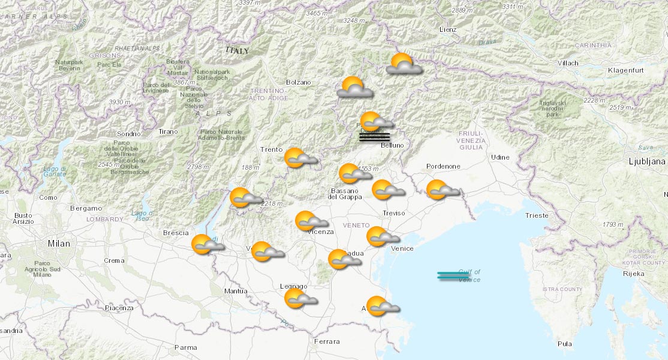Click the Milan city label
coord(59,244)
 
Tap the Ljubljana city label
coord(646,161)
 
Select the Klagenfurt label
coord(625,70)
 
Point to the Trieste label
coord(536,215)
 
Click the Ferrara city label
coord(326,341)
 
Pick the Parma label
coord(185,347)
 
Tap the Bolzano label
coord(299,82)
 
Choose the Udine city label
coord(500,157)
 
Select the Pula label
coord(564,344)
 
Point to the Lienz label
coord(447,29)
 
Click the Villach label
coord(567,63)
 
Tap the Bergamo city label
coord(86,208)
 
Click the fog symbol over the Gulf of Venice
coord(453,275)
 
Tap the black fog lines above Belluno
coord(374,137)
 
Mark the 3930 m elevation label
coord(119,102)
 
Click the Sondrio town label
coord(129,133)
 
